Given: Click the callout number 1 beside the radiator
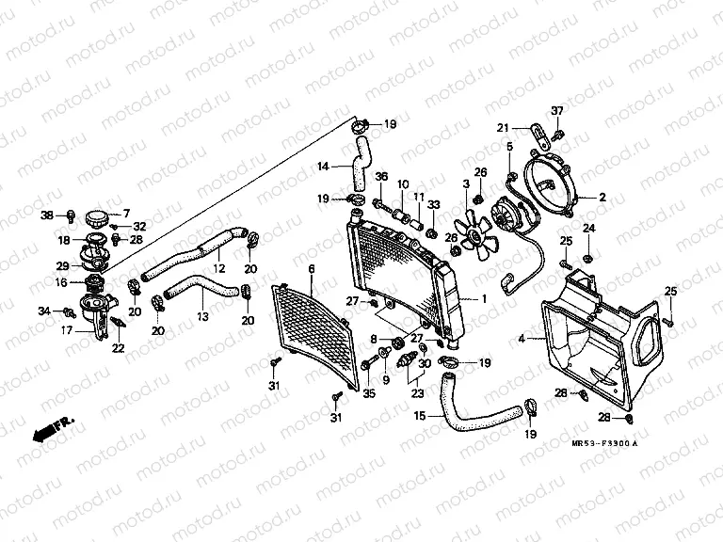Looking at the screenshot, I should click(484, 298).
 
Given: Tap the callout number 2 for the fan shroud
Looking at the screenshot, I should click(602, 199).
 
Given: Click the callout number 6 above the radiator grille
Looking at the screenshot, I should click(312, 270).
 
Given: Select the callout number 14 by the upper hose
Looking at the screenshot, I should click(323, 167).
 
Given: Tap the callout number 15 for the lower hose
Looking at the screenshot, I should click(419, 415).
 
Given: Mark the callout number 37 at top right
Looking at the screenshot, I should click(557, 111).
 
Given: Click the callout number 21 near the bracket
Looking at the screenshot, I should click(503, 128).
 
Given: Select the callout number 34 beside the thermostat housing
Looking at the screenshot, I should click(44, 311).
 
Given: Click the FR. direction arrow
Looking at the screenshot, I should click(53, 429).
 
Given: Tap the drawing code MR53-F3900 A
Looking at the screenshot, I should click(603, 443).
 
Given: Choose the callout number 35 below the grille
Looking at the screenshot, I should click(369, 393).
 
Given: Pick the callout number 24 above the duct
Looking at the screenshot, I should click(588, 229).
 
